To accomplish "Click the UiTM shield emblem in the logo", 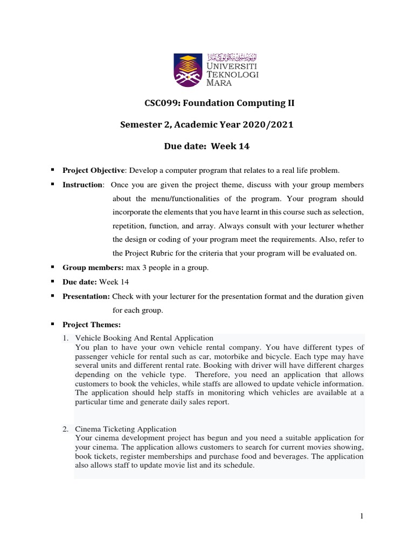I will [x=189, y=70].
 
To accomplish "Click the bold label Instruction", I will [x=82, y=185].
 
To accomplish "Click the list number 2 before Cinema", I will [x=65, y=429].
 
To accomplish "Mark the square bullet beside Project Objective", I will [x=53, y=170].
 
